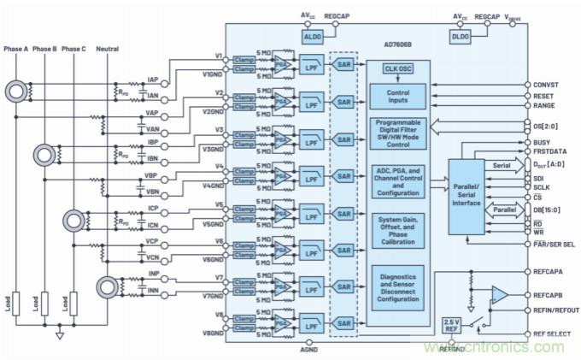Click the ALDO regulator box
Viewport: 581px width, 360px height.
tap(310, 36)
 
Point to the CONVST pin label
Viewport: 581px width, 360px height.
tap(549, 85)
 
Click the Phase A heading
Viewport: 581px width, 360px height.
tap(16, 48)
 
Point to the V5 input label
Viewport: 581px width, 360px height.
tap(219, 205)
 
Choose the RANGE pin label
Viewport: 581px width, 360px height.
tap(546, 107)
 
